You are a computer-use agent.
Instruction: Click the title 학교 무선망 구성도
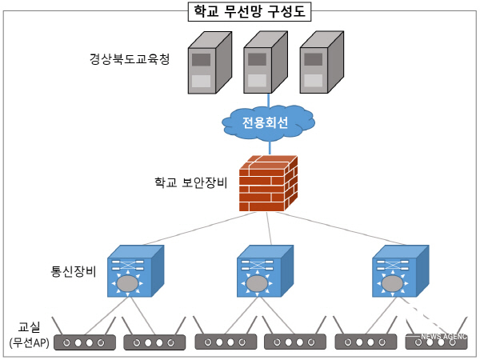(x=241, y=11)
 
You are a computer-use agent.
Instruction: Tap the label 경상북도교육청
(x=130, y=60)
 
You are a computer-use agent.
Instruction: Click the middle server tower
(x=260, y=64)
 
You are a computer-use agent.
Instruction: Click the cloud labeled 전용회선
(x=269, y=122)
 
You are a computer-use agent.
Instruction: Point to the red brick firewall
(x=269, y=183)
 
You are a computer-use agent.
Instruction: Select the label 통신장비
(x=74, y=270)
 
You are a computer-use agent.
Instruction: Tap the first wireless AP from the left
(x=85, y=342)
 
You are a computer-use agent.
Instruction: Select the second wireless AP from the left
(x=154, y=342)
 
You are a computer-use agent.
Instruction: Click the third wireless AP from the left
(x=226, y=342)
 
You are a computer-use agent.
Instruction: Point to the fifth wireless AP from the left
(x=366, y=342)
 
